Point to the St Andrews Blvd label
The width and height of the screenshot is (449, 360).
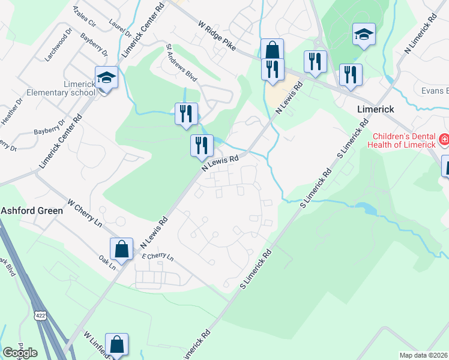[x=182, y=62]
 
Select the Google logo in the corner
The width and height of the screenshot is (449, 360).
[x=20, y=353]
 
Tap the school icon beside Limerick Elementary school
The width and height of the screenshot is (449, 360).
[x=106, y=77]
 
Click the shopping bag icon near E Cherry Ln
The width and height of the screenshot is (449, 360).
[x=121, y=248]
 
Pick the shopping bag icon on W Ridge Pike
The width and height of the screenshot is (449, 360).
[x=272, y=49]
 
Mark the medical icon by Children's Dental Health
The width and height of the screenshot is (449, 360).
[x=444, y=140]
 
